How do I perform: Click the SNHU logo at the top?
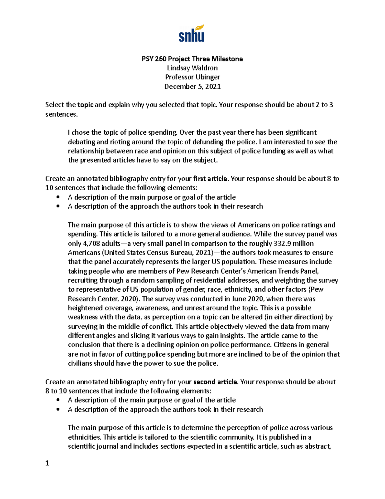tap(192, 33)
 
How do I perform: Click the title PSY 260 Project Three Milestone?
tap(192, 59)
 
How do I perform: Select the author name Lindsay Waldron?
tap(192, 68)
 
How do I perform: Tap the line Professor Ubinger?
tap(192, 77)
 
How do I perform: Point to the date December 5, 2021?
tap(192, 86)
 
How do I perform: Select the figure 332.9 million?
tap(293, 243)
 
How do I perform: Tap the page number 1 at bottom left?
tap(47, 463)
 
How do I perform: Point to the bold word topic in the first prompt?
tap(85, 105)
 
